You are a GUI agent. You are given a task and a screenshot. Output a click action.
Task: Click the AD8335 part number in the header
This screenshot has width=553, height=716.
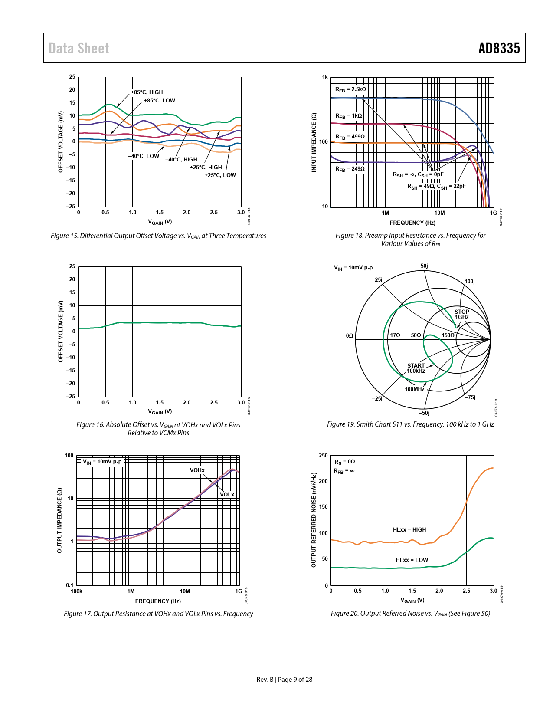499,48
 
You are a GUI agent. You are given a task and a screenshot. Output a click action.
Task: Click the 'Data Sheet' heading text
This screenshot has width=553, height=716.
79,48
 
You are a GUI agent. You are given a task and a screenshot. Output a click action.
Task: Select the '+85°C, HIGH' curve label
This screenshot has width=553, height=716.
147,92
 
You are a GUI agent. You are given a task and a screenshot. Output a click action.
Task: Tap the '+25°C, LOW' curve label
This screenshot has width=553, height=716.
220,175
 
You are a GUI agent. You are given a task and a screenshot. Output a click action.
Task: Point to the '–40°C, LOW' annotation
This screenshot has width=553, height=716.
144,156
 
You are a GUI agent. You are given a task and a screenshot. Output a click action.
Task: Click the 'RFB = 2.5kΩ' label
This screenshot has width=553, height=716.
350,89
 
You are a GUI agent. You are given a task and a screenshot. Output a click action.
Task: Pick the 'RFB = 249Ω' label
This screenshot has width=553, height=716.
350,169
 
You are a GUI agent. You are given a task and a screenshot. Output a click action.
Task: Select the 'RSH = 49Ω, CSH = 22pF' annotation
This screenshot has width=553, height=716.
436,186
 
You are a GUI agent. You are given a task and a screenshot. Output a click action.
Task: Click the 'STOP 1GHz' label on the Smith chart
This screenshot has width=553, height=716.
461,315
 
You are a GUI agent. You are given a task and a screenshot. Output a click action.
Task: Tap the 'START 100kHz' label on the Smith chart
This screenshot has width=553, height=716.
416,368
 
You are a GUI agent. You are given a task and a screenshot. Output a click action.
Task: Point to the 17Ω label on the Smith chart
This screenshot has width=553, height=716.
395,335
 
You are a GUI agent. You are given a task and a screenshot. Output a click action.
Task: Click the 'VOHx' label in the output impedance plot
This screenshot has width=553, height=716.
197,470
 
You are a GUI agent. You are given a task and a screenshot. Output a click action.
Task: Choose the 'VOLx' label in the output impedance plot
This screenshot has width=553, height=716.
227,495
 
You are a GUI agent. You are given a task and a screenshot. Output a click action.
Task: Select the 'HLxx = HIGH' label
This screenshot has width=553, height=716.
409,530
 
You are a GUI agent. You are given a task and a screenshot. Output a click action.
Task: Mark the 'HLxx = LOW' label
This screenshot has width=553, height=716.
412,560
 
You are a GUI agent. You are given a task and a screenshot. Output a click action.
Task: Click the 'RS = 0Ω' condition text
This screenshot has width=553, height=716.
344,462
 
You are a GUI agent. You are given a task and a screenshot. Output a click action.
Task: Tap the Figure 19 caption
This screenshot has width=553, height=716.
410,424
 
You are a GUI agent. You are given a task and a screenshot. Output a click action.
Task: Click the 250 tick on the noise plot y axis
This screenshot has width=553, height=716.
324,456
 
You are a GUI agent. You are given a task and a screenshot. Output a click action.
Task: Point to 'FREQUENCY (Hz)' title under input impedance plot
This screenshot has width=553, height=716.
412,223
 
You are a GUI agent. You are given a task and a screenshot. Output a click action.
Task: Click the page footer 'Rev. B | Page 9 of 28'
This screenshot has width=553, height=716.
285,680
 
